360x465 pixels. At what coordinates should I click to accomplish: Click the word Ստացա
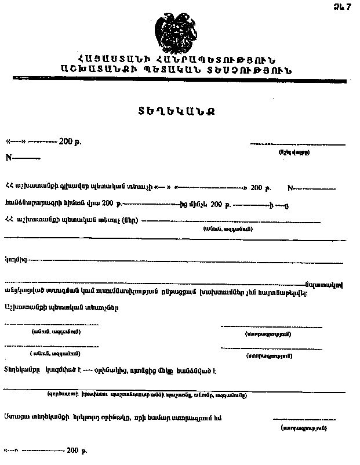click(x=16, y=417)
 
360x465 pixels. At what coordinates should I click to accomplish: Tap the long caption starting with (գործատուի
click(x=147, y=395)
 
